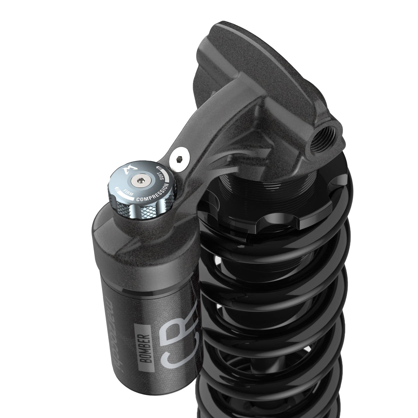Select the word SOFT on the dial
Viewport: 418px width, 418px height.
coord(167,178)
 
